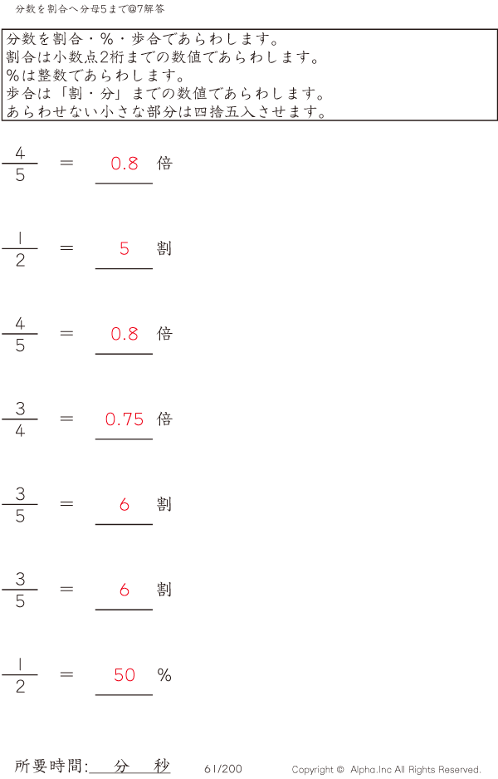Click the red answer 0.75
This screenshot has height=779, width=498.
click(x=124, y=419)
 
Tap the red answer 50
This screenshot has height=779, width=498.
click(x=124, y=675)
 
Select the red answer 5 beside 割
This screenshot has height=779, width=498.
click(x=124, y=248)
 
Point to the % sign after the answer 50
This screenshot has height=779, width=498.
click(x=164, y=675)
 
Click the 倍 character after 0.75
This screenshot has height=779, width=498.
click(x=164, y=419)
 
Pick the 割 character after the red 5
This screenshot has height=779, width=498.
click(x=164, y=248)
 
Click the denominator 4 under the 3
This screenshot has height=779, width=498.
click(x=20, y=431)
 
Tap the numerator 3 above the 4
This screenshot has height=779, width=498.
click(x=20, y=409)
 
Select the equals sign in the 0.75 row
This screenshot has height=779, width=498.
click(x=67, y=419)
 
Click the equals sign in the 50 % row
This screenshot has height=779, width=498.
click(x=67, y=674)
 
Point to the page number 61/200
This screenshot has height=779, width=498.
click(x=222, y=769)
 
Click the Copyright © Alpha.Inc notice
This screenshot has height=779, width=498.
click(x=386, y=770)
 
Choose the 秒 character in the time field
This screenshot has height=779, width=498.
click(x=161, y=766)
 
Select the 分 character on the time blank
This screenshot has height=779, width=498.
click(x=122, y=766)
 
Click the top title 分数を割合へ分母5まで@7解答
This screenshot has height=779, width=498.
click(x=90, y=8)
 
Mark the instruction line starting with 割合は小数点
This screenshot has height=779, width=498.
click(x=163, y=58)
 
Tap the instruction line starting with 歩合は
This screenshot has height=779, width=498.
click(x=165, y=94)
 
